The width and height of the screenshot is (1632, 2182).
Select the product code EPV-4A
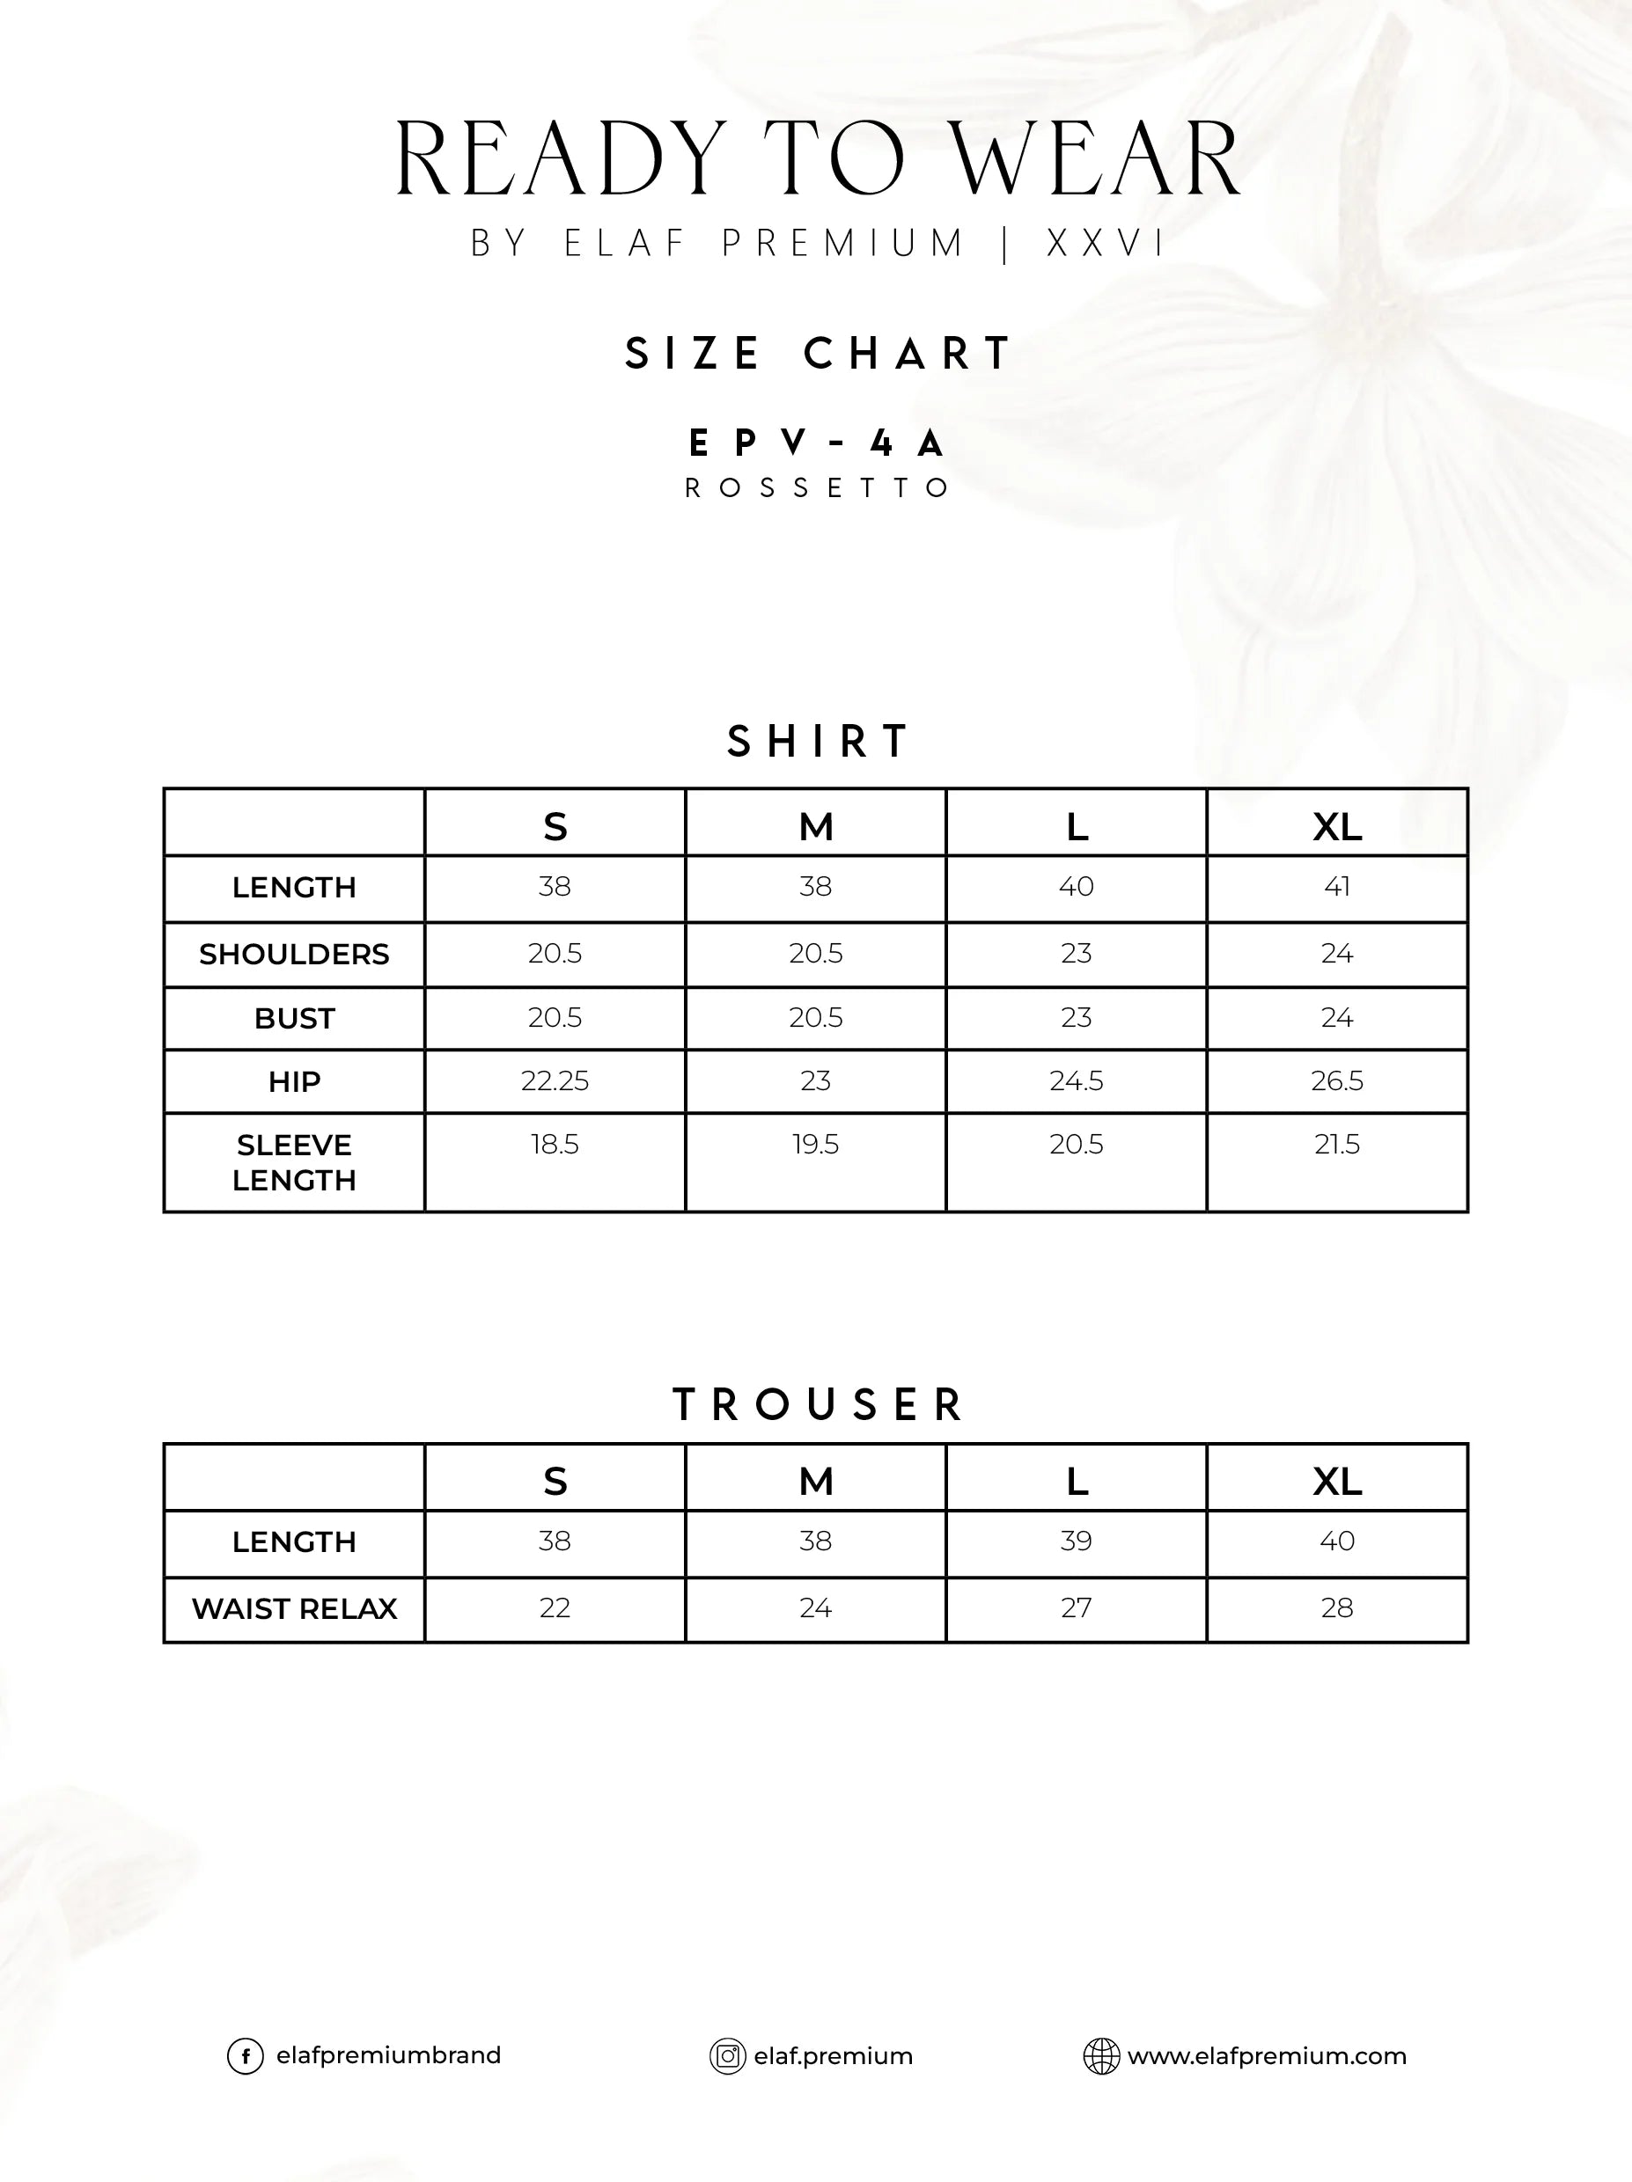817,444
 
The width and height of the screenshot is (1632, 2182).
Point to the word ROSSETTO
817,488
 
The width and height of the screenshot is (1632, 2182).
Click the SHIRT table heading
818,742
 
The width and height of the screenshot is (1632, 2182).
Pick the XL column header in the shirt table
1337,827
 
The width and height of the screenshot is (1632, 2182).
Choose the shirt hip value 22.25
555,1081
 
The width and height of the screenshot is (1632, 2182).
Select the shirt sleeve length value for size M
815,1145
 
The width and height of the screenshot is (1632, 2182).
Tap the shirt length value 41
1337,887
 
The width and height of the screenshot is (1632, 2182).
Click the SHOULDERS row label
294,954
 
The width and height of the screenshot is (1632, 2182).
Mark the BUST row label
294,1018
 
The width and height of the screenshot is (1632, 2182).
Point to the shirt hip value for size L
1076,1081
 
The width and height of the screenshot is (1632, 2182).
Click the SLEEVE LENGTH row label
294,1162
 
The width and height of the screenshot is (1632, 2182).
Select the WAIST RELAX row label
294,1609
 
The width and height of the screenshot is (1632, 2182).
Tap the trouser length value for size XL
1337,1541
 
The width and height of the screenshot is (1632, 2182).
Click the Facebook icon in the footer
245,2057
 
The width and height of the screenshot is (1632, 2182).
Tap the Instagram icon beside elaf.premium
727,2057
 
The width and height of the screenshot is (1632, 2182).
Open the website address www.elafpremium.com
1266,2057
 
